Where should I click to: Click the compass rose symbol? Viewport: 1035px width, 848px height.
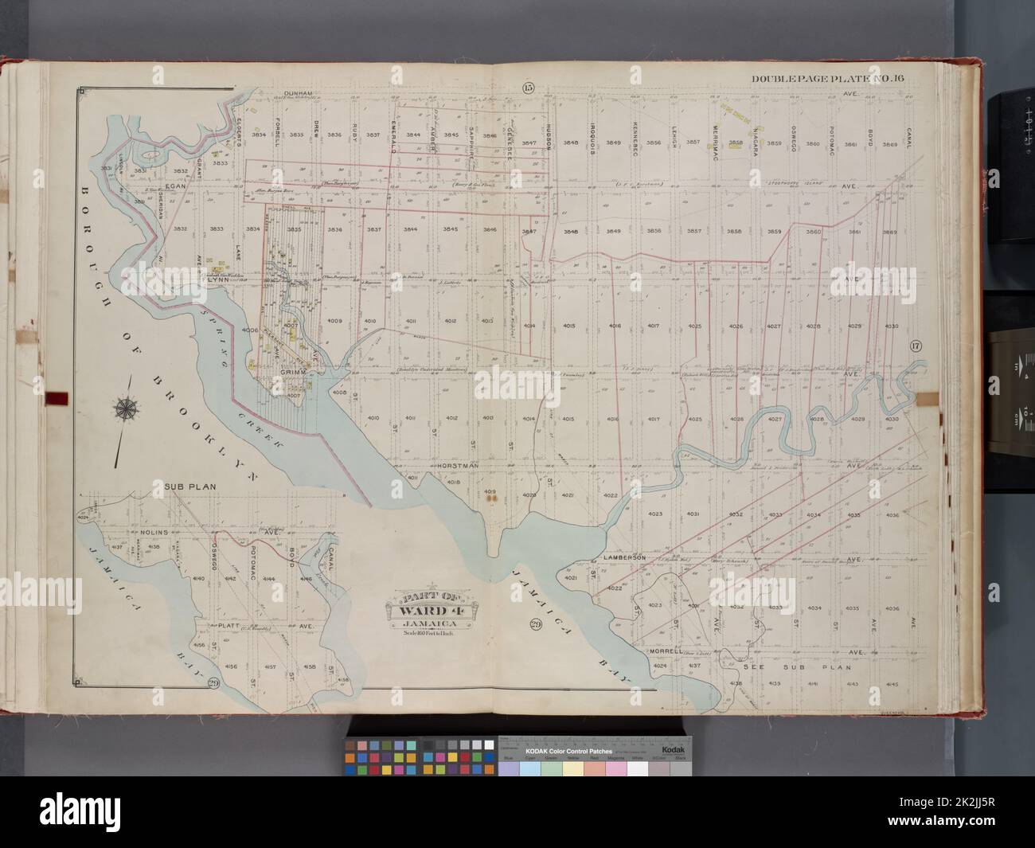126,409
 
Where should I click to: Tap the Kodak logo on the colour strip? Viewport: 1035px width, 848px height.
673,750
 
